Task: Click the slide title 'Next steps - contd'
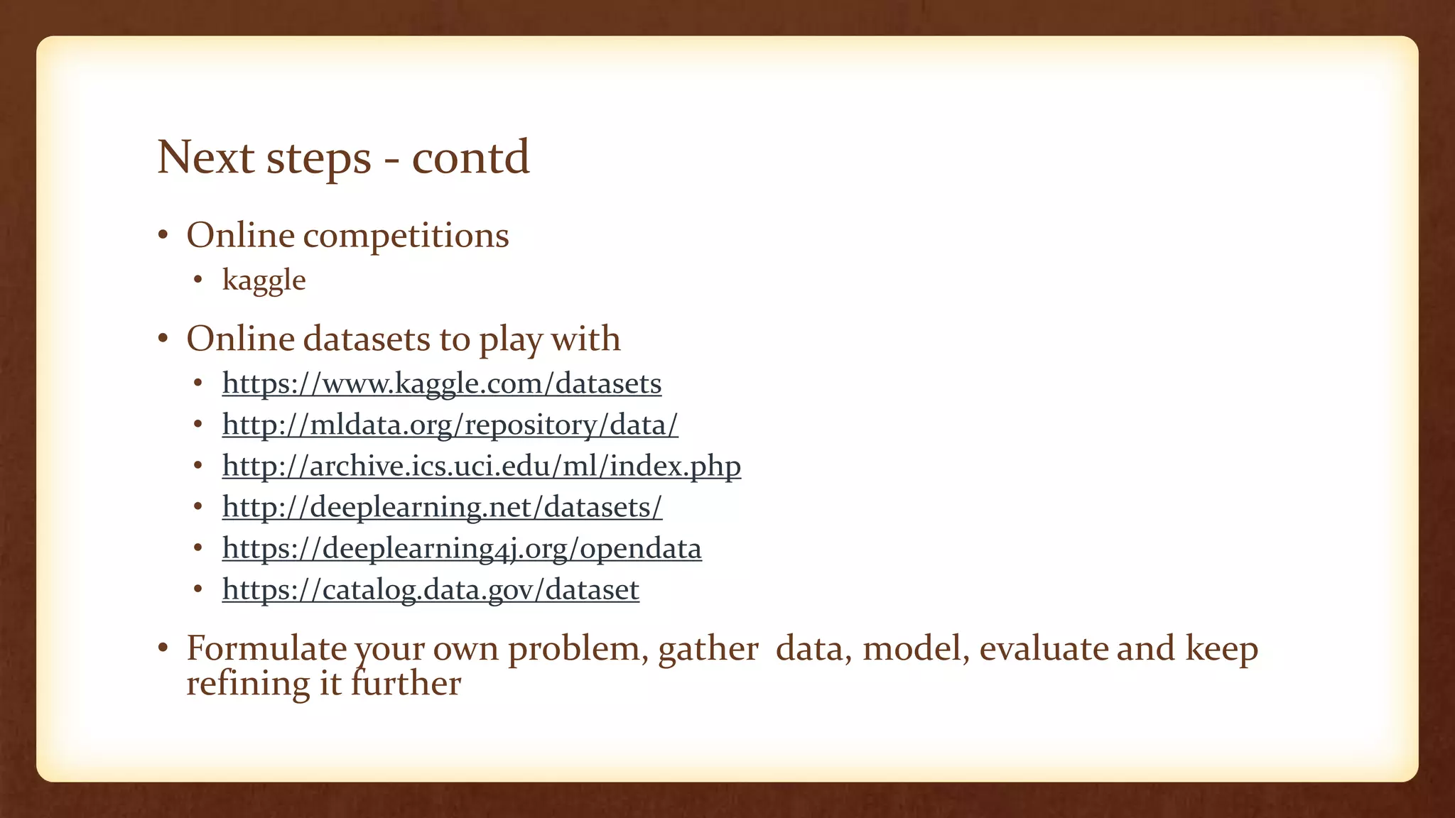[x=343, y=157]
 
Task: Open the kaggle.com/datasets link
[x=442, y=383]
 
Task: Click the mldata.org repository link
[x=450, y=425]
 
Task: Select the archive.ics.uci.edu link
[x=481, y=466]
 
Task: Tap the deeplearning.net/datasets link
[x=442, y=507]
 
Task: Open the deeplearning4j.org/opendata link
[x=462, y=548]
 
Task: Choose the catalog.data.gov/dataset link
[x=431, y=589]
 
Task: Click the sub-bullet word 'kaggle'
[x=264, y=280]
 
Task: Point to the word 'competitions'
[x=406, y=236]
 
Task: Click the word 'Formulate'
[x=266, y=648]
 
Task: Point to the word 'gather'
[x=708, y=650]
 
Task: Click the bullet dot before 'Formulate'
[x=163, y=648]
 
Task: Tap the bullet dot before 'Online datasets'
[x=163, y=339]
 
